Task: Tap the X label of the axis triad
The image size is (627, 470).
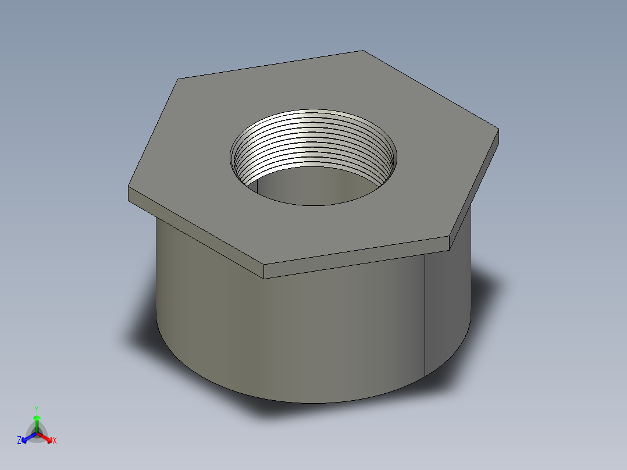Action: pos(55,441)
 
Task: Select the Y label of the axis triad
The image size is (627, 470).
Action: pos(36,409)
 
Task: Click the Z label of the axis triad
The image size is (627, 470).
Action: pos(19,441)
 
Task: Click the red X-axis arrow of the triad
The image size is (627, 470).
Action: pos(46,437)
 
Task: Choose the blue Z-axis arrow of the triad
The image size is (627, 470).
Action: pos(27,437)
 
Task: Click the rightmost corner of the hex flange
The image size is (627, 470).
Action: pos(498,130)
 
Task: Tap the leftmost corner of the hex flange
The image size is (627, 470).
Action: pos(129,187)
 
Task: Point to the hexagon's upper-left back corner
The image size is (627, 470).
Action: pos(177,79)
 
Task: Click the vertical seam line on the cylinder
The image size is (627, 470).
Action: pos(425,314)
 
